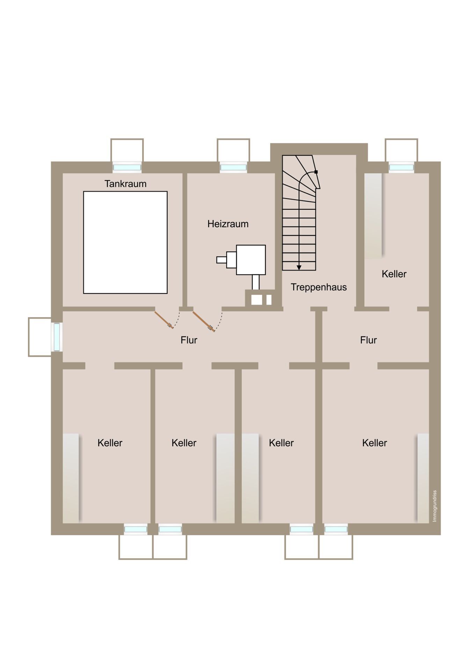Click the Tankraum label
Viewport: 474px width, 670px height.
coord(125,184)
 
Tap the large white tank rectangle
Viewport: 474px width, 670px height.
coord(125,242)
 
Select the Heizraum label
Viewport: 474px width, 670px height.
coord(228,224)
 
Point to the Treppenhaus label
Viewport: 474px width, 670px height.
coord(319,287)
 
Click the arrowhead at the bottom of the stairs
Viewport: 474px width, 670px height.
coord(299,268)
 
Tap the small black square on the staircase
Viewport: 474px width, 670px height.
coord(316,172)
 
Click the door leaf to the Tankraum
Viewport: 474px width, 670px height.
coord(164,320)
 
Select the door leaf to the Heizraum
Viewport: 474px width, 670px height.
coord(203,321)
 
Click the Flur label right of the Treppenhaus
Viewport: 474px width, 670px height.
coord(369,340)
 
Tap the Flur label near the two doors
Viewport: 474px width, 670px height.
coord(189,340)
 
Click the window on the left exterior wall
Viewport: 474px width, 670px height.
coord(57,337)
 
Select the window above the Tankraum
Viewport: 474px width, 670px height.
coord(127,167)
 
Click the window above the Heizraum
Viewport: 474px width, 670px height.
coord(233,167)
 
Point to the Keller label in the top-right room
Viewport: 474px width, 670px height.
coord(394,274)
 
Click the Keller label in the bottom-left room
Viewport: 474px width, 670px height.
coord(110,443)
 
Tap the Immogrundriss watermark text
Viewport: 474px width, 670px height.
coord(435,506)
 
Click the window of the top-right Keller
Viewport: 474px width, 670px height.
coord(401,167)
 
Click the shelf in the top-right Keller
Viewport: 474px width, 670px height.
coord(373,216)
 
